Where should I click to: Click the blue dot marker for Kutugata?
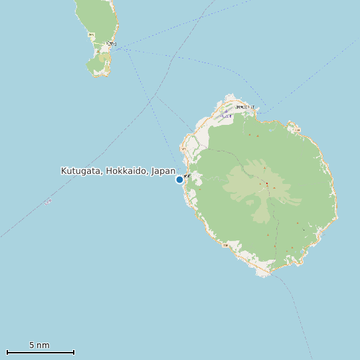(x=179, y=179)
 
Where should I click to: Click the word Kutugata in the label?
(x=80, y=171)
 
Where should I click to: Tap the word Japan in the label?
(x=163, y=171)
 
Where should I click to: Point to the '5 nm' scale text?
(x=39, y=345)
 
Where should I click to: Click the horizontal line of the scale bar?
(x=40, y=352)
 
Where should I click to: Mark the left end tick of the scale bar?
(x=7, y=352)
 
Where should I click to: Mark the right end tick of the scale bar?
(x=74, y=352)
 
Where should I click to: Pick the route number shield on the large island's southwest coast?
(x=225, y=246)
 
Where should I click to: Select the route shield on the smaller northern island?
(x=91, y=35)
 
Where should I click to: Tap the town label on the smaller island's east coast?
(x=110, y=44)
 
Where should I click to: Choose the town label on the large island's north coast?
(x=243, y=106)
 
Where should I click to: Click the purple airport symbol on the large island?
(x=225, y=112)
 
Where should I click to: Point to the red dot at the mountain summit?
(x=266, y=184)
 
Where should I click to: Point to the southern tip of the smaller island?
(x=98, y=76)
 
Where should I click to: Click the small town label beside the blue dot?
(x=187, y=176)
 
